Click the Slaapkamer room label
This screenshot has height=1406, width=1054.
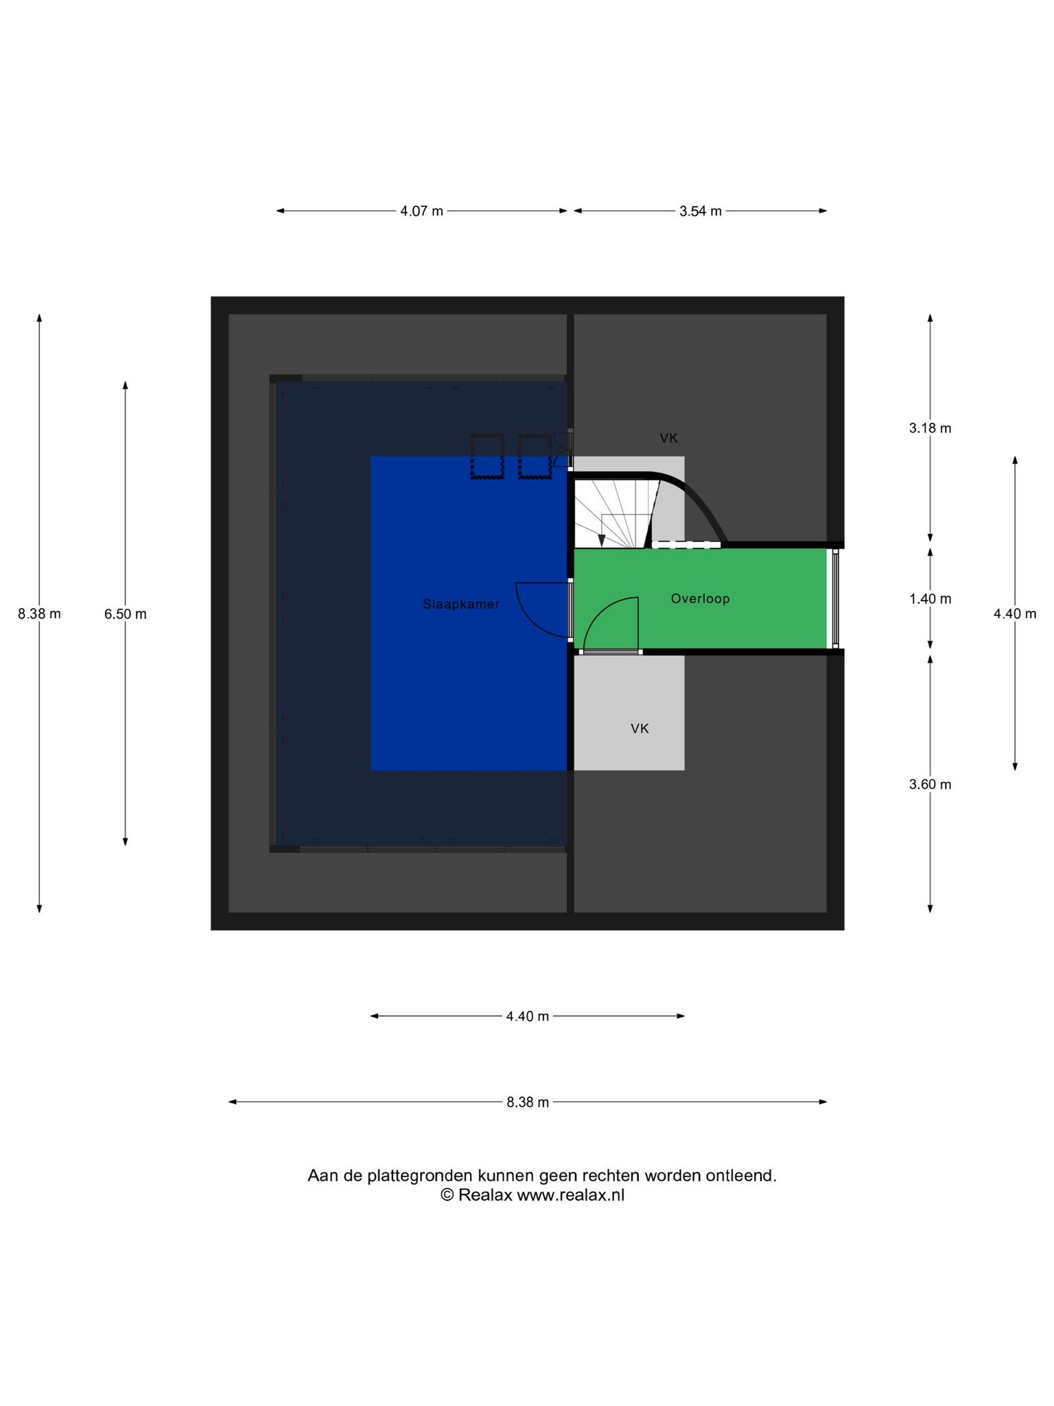click(x=461, y=604)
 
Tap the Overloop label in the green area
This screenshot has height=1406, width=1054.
click(x=700, y=599)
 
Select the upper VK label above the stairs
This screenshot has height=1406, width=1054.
click(x=669, y=438)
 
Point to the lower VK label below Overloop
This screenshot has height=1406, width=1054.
click(x=640, y=728)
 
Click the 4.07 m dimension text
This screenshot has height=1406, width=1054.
click(x=421, y=211)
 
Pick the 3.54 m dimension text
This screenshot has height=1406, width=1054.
click(x=701, y=211)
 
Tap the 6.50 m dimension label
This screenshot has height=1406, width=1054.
click(x=126, y=614)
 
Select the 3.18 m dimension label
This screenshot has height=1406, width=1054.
click(x=930, y=428)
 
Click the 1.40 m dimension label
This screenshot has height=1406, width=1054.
click(x=930, y=599)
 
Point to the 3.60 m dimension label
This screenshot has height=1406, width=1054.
click(x=930, y=784)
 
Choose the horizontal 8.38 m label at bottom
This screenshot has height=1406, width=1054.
click(x=528, y=1103)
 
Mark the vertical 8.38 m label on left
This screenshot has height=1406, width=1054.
click(x=39, y=614)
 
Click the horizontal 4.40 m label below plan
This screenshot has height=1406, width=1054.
click(x=528, y=1016)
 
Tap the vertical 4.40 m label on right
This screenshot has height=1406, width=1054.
click(x=1015, y=614)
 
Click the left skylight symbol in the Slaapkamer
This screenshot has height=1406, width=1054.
click(x=487, y=456)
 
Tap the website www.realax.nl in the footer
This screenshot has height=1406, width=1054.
click(x=570, y=1195)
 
